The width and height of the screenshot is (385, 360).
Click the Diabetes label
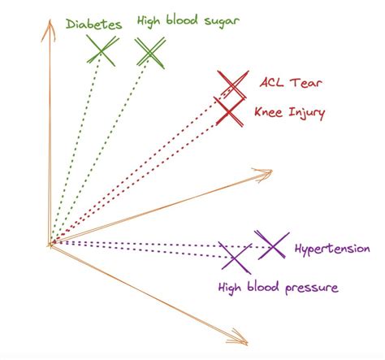tap(96, 24)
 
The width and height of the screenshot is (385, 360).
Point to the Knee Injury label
tap(290, 113)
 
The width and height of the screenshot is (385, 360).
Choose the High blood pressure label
tap(277, 288)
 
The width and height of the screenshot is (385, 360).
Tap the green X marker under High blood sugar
tap(151, 53)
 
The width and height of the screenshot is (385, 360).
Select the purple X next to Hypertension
tap(271, 245)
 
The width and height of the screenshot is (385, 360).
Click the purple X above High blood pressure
tap(236, 258)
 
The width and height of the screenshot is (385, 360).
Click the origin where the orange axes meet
tap(51, 242)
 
